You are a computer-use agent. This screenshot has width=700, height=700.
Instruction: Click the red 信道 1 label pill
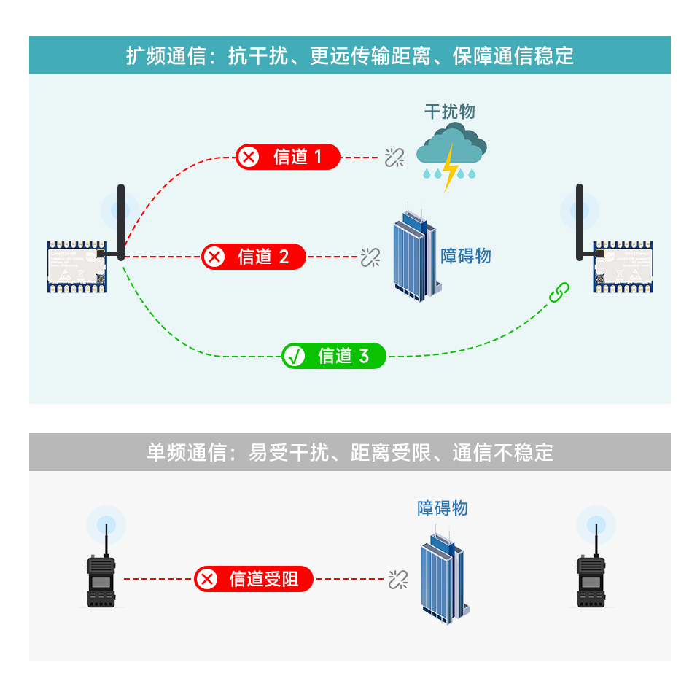287,157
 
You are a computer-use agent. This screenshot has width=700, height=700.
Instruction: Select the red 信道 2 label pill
254,257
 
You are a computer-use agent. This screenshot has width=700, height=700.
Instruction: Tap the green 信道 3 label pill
334,356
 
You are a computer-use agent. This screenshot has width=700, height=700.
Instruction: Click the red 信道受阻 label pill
254,579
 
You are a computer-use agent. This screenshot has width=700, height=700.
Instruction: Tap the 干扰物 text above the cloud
450,112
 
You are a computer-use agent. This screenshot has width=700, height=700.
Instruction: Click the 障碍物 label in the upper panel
466,257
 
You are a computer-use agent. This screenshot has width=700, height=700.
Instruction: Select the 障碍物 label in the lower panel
443,508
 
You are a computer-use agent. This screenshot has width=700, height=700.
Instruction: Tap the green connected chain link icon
559,293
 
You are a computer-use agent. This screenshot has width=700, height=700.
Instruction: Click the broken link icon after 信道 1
394,157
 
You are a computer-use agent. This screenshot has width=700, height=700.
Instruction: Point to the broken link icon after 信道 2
370,257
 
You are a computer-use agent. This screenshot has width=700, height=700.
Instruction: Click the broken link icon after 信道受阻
397,580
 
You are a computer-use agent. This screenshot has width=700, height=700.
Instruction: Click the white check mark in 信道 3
295,357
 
